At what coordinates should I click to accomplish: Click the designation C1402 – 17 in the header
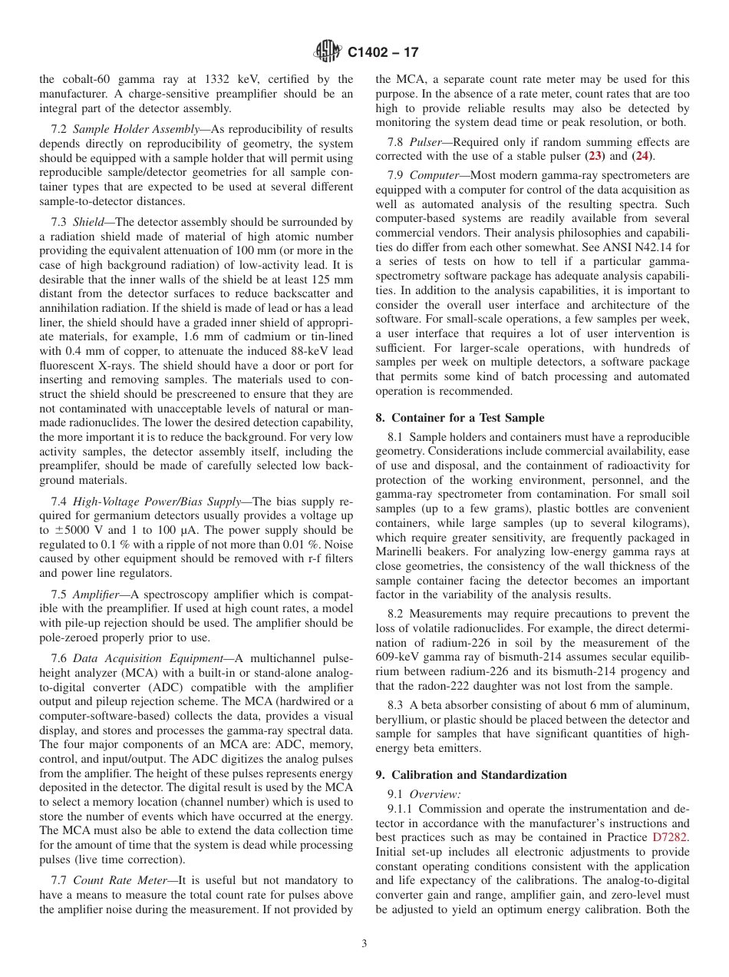click(383, 53)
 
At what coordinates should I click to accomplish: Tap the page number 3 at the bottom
click(364, 944)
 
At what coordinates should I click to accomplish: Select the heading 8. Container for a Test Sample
click(460, 418)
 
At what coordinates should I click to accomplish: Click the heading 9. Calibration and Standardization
click(471, 775)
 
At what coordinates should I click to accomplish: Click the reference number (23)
click(595, 157)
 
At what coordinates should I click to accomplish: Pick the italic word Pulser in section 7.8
click(425, 142)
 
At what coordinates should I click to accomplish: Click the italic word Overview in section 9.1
click(434, 794)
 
